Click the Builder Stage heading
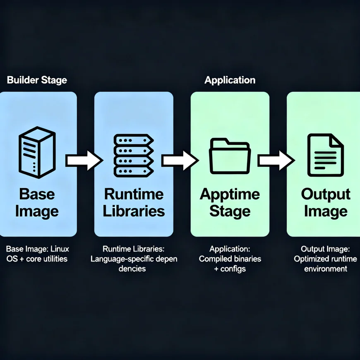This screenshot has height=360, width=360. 37,80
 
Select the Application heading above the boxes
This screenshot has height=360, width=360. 230,80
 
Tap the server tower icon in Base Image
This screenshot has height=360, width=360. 37,153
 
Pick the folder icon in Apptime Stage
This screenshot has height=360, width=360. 230,155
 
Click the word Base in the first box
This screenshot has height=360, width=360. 37,194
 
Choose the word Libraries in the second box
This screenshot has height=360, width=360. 134,211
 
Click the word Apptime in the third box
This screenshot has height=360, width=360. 230,194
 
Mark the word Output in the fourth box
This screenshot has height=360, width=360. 326,194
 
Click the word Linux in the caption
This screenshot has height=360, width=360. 60,249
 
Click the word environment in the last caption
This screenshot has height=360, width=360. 326,269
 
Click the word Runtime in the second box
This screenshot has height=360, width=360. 134,194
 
